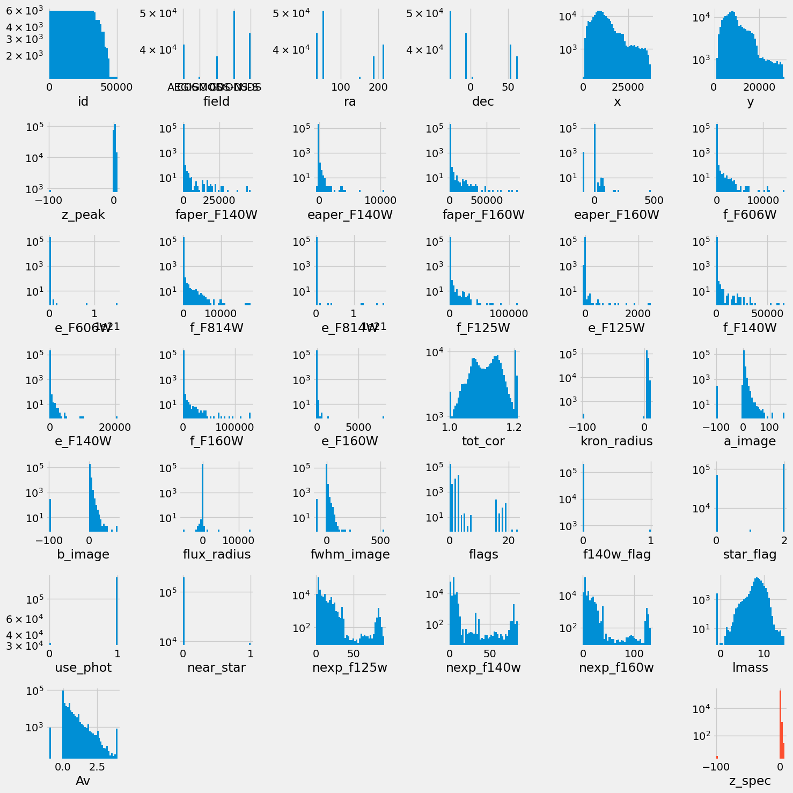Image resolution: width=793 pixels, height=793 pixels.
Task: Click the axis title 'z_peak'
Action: pos(83,215)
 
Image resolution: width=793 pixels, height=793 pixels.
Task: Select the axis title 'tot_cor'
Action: pos(483,441)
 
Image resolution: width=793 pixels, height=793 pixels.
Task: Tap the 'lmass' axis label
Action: pos(750,667)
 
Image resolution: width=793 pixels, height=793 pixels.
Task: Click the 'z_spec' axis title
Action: pos(750,781)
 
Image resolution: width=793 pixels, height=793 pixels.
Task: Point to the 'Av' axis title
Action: pos(83,781)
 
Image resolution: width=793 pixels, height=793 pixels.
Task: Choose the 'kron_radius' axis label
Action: pos(616,441)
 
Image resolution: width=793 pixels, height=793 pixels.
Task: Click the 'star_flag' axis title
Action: pos(750,554)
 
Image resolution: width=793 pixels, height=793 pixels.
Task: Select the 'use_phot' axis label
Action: pos(83,667)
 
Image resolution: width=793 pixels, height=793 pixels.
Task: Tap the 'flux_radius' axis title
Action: pos(216,554)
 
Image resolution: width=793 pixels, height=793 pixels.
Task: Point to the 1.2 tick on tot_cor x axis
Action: pos(515,427)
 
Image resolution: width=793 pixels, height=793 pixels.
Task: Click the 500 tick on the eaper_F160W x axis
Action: pos(650,200)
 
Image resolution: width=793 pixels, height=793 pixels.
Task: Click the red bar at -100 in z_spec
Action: pos(717,757)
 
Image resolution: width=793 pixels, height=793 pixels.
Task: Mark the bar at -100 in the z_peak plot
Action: pos(50,190)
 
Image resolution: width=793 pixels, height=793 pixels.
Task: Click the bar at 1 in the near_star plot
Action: pos(249,643)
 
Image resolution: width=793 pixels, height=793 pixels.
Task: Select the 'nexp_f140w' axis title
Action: pos(483,667)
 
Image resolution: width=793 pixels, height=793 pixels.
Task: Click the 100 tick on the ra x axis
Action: pos(340,87)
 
